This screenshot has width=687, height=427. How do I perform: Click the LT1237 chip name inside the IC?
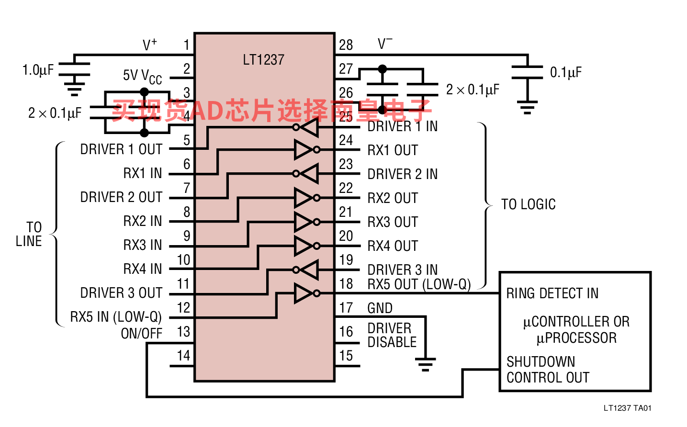pyautogui.click(x=263, y=59)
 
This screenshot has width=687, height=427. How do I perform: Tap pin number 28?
pyautogui.click(x=346, y=45)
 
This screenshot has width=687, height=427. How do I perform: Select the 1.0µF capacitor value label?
pyautogui.click(x=38, y=70)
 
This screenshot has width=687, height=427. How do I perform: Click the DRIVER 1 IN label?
pyautogui.click(x=402, y=126)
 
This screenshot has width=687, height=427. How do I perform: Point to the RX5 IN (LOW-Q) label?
pyautogui.click(x=116, y=317)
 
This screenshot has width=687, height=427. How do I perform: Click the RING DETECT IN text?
pyautogui.click(x=552, y=293)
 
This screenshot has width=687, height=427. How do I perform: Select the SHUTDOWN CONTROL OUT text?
pyautogui.click(x=548, y=370)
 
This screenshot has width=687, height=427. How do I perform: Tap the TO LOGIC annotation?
pyautogui.click(x=529, y=204)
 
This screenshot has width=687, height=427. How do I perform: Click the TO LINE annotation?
pyautogui.click(x=29, y=234)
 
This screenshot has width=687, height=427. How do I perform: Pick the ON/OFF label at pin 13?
pyautogui.click(x=141, y=334)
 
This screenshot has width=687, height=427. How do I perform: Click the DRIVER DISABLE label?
pyautogui.click(x=392, y=335)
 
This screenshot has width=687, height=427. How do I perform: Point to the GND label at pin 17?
pyautogui.click(x=380, y=308)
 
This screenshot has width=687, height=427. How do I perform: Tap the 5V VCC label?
pyautogui.click(x=142, y=77)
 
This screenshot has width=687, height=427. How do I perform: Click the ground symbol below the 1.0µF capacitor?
pyautogui.click(x=74, y=89)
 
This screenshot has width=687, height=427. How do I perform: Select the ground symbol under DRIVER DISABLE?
pyautogui.click(x=426, y=364)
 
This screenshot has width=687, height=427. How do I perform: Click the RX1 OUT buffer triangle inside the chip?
pyautogui.click(x=303, y=150)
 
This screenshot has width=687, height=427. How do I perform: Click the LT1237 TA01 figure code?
pyautogui.click(x=627, y=408)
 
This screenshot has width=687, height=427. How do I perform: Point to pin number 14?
pyautogui.click(x=183, y=356)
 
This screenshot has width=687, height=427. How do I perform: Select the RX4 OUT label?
pyautogui.click(x=393, y=246)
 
